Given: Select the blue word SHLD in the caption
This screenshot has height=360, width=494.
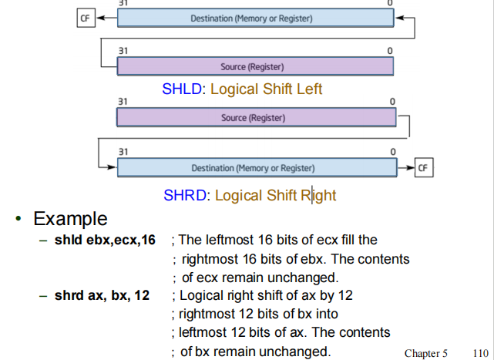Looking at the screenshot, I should tap(181, 89).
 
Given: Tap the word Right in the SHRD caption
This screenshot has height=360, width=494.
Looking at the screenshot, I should tap(318, 196).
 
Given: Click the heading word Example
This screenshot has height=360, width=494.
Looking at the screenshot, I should tap(70, 218).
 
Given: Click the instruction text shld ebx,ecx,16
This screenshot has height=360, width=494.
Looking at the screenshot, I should tap(105, 241).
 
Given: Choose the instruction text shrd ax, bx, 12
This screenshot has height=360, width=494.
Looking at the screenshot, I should tap(102, 296).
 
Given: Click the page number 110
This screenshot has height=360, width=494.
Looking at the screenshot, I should tap(479, 353).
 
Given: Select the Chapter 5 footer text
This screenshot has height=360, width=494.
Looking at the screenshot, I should tap(425, 353).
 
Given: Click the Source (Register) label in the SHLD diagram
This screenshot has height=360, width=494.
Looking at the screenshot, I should tap(252, 67).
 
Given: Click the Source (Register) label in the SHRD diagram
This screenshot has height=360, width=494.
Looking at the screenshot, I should tap(253, 118).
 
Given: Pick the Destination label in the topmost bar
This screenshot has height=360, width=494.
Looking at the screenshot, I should tap(251, 18).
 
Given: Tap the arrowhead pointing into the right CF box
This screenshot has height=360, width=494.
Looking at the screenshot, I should tap(411, 167).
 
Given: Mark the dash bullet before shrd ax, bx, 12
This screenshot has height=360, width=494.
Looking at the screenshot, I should tap(43, 296).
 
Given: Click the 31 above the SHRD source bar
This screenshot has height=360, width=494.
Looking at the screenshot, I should tap(123, 102).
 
